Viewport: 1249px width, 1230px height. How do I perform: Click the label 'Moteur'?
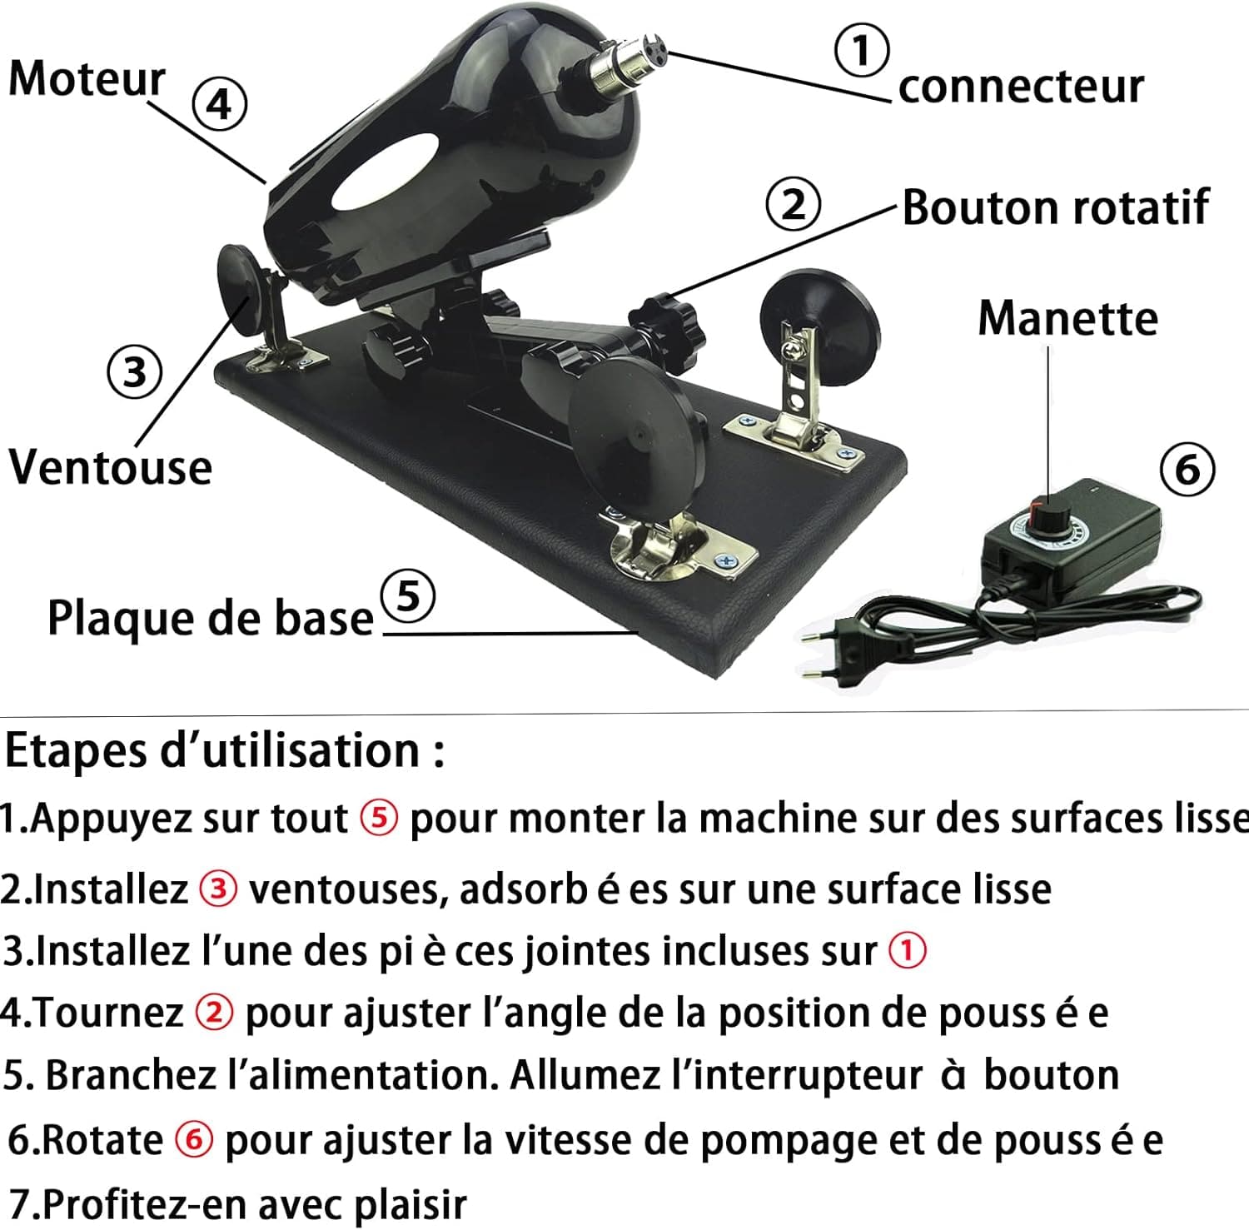(87, 79)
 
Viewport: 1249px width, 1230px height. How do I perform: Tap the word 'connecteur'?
(1021, 87)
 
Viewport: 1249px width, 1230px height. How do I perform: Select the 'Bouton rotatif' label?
(1055, 207)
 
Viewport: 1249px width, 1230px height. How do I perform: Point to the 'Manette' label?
(1067, 318)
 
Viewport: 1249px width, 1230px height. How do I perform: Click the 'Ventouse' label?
(110, 467)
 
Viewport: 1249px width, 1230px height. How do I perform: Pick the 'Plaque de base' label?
(210, 618)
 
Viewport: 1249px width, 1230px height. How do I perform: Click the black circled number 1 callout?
(861, 50)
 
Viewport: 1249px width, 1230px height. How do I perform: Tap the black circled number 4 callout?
(220, 105)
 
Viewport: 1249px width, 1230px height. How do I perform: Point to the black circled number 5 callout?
(407, 597)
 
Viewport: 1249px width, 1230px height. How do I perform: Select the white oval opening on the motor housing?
(386, 172)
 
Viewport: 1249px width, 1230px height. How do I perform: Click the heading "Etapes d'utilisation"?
(223, 751)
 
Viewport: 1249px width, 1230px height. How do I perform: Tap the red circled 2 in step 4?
(214, 1013)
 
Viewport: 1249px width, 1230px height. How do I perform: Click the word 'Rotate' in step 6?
(102, 1139)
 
